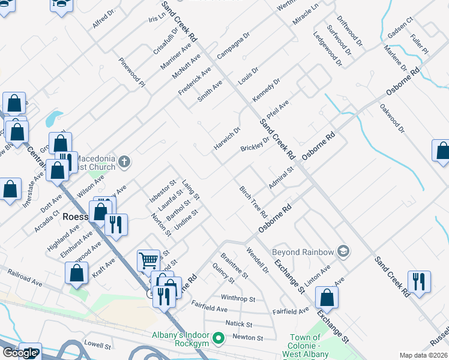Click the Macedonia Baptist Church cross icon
124,161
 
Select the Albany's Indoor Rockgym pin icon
218,338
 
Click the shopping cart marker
148,260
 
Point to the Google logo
19,353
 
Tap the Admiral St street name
280,178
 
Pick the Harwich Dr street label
227,139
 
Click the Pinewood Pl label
131,72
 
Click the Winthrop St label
238,298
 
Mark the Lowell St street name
98,346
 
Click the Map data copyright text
424,355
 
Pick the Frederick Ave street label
194,81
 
